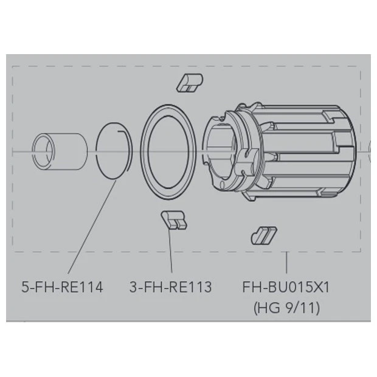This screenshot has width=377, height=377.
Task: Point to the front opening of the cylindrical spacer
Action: [x=43, y=149]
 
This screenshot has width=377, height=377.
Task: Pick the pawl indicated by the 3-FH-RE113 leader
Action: [x=173, y=220]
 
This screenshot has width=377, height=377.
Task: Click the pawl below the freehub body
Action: [x=263, y=235]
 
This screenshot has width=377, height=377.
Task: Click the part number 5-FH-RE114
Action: [x=62, y=287]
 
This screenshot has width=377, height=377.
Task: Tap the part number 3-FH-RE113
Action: [x=170, y=287]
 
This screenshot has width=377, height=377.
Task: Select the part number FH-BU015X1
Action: [x=286, y=287]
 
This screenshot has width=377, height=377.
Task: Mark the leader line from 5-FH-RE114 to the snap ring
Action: [x=91, y=225]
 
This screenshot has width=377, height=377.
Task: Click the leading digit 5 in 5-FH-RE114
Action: [x=25, y=287]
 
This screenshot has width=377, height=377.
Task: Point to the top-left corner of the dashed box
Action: [x=13, y=66]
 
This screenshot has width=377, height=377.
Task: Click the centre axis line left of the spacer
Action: [x=21, y=150]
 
